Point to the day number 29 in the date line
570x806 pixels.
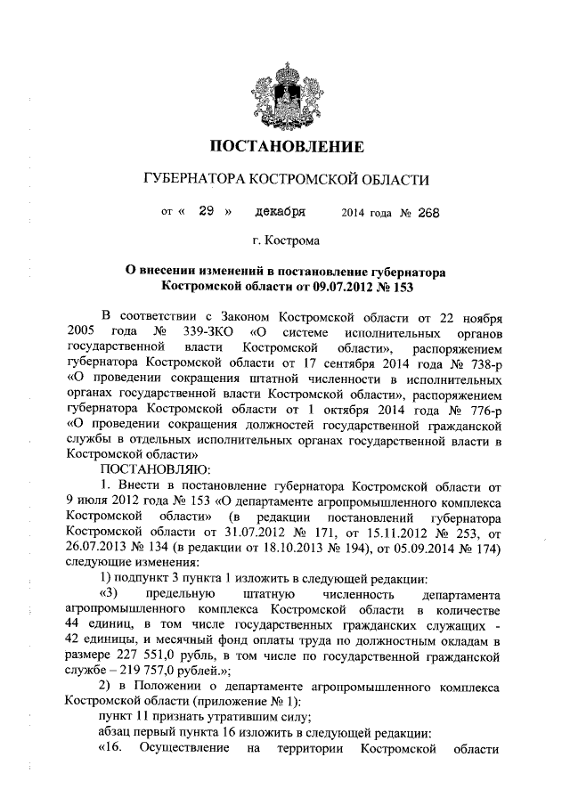tap(208, 212)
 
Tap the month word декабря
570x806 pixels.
tap(280, 212)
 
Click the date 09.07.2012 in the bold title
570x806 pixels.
tap(315, 287)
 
